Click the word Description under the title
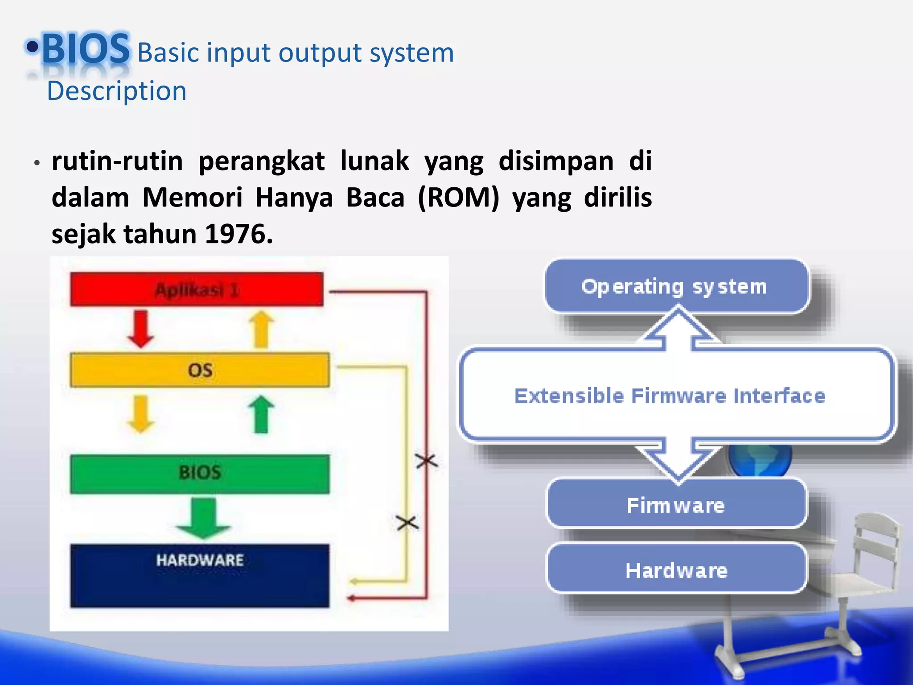pos(116,91)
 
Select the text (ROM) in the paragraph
pos(458,198)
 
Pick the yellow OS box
pos(200,370)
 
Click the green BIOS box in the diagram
pos(200,473)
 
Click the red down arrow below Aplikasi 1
pos(141,329)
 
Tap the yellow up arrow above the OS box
pos(261,329)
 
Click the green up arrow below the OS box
pos(261,414)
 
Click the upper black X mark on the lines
pos(427,461)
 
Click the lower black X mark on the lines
pos(407,523)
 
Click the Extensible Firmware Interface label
pos(670,396)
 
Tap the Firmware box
pos(676,504)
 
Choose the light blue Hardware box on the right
pos(676,570)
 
